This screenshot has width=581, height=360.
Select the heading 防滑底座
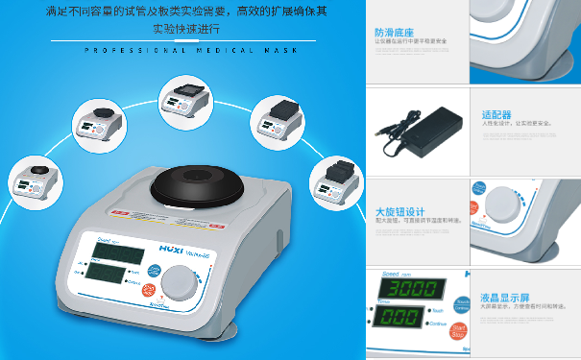pos(393,32)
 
